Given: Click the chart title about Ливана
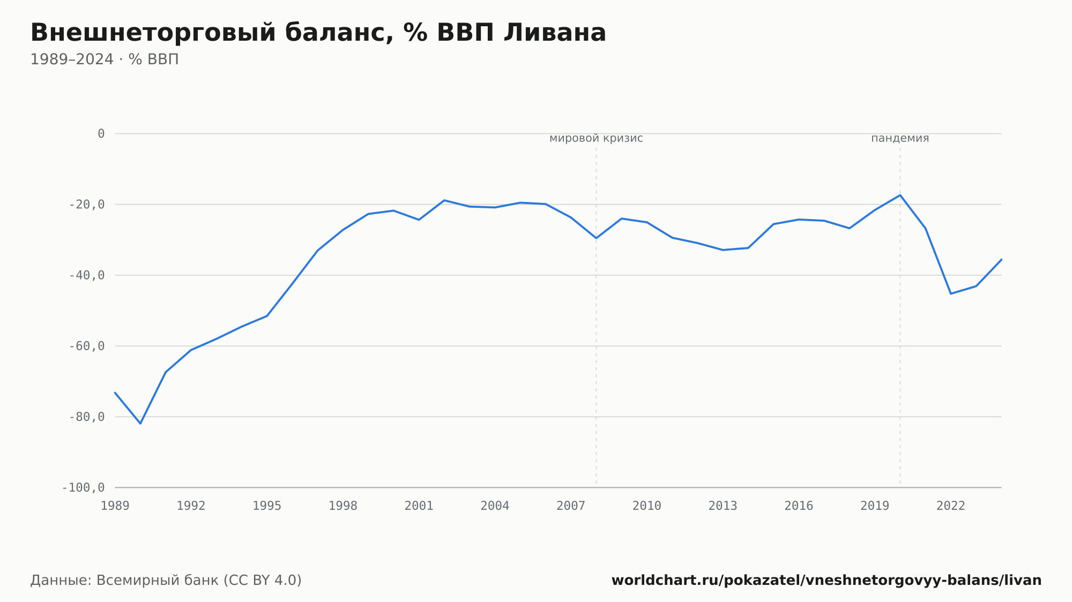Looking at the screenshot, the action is [x=318, y=33].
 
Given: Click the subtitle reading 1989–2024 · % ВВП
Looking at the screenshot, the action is [x=105, y=59].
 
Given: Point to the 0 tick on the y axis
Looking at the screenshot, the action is [x=101, y=134].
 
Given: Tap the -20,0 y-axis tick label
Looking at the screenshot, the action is [x=87, y=205].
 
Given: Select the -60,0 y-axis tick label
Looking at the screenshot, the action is [x=87, y=346].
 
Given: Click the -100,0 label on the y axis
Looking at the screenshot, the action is [x=84, y=487].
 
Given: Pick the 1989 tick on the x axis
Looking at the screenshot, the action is [x=115, y=506].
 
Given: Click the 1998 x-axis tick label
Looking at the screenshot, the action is [x=343, y=506].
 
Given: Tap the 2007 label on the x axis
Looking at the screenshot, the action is [x=571, y=506].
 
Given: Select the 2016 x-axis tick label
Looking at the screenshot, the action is [x=799, y=506].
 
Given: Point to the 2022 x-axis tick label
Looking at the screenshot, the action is [x=951, y=506].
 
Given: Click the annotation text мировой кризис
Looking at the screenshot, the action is [x=596, y=138].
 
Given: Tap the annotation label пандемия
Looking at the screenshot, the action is [x=900, y=138].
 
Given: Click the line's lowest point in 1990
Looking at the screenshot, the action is [x=140, y=424].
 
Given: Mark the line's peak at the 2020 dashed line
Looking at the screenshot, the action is [x=900, y=195].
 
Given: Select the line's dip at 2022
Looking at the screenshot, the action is [x=951, y=294].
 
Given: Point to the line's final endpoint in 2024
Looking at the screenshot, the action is [x=1001, y=259].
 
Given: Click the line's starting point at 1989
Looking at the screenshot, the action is [x=115, y=393].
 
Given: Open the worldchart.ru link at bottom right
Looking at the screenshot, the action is [x=827, y=581].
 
